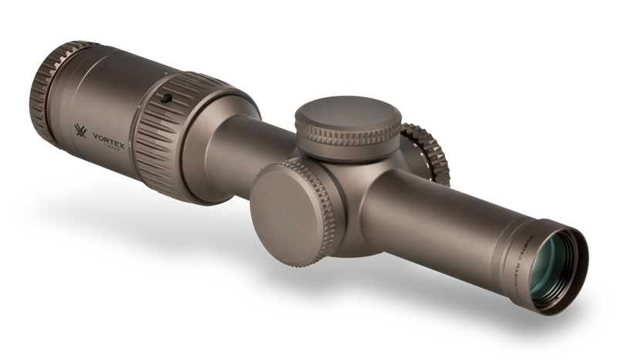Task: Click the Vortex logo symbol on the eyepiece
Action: tap(80, 131)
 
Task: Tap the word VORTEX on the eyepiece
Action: tap(108, 135)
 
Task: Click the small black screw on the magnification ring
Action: tap(165, 98)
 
